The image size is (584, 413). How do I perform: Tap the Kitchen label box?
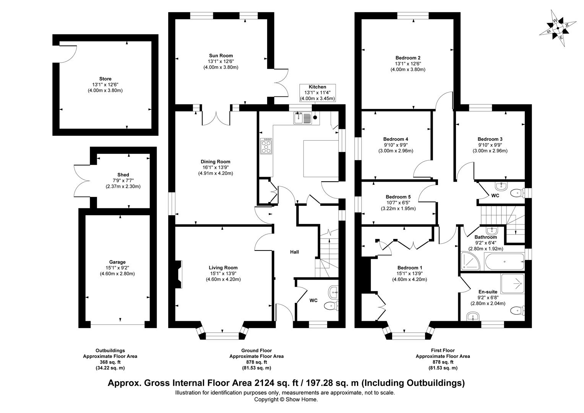(318, 93)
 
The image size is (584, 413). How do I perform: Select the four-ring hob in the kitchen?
(266, 146)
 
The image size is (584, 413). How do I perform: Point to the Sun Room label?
(221, 55)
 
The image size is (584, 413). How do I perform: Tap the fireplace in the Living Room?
(178, 274)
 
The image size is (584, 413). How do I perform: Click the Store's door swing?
(68, 52)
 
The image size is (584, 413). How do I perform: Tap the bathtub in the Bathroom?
(504, 262)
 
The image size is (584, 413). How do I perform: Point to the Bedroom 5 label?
(398, 197)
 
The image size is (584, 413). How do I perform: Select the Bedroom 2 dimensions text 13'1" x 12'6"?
(408, 63)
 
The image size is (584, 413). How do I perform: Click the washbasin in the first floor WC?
(501, 186)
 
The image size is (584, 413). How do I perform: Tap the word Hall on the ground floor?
(294, 252)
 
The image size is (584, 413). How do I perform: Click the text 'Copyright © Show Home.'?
(286, 400)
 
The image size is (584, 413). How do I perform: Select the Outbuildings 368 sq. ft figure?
(110, 362)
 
